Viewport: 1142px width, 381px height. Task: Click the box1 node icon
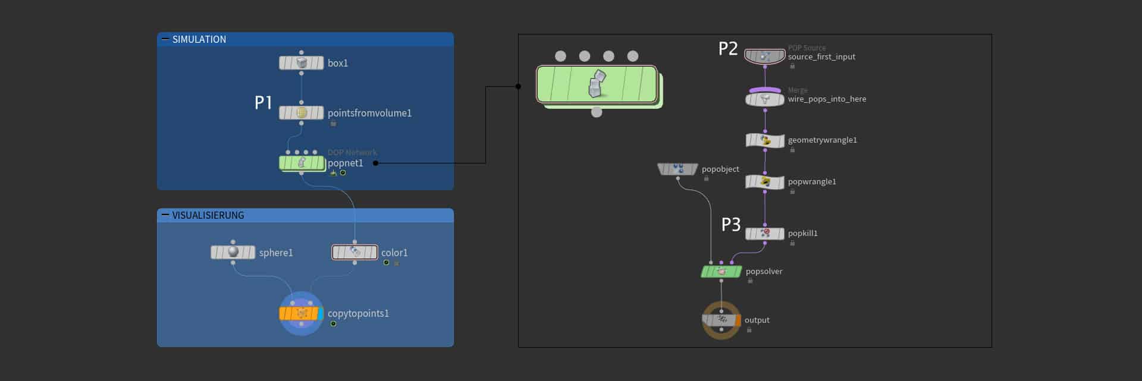pyautogui.click(x=302, y=62)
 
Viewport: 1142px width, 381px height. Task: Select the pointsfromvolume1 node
pyautogui.click(x=302, y=112)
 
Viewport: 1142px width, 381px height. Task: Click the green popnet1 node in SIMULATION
pyautogui.click(x=302, y=162)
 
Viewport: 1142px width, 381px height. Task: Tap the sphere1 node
pyautogui.click(x=233, y=252)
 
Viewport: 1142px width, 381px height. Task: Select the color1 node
pyautogui.click(x=354, y=252)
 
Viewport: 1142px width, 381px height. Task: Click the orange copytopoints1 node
pyautogui.click(x=301, y=313)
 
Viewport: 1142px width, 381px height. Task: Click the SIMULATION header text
pyautogui.click(x=199, y=39)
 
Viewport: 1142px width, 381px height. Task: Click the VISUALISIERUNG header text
pyautogui.click(x=208, y=215)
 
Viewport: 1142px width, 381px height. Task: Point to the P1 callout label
pyautogui.click(x=263, y=103)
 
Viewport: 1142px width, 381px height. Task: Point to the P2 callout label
pyautogui.click(x=728, y=49)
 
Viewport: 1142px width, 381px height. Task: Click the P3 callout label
pyautogui.click(x=731, y=225)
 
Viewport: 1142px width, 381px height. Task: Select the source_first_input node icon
pyautogui.click(x=765, y=56)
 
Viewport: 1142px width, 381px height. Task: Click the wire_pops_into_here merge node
pyautogui.click(x=765, y=99)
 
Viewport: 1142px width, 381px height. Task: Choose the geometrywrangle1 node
pyautogui.click(x=765, y=140)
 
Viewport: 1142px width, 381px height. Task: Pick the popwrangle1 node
pyautogui.click(x=765, y=182)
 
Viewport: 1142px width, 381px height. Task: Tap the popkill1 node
pyautogui.click(x=765, y=233)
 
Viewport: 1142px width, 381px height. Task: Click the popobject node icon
pyautogui.click(x=677, y=169)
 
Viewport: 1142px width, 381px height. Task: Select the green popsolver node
pyautogui.click(x=721, y=271)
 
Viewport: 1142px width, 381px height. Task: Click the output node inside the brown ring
pyautogui.click(x=721, y=320)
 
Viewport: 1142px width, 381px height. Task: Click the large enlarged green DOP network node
pyautogui.click(x=597, y=84)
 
